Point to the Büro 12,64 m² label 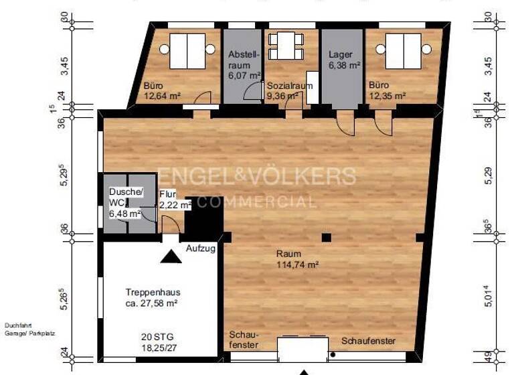tap(163, 91)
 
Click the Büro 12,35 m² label tap(387, 91)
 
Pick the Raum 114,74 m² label tap(297, 259)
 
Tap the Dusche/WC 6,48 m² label tap(125, 203)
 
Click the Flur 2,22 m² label tap(171, 200)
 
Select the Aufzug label tap(200, 248)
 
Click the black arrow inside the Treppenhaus tap(171, 256)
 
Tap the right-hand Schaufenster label tap(368, 341)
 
